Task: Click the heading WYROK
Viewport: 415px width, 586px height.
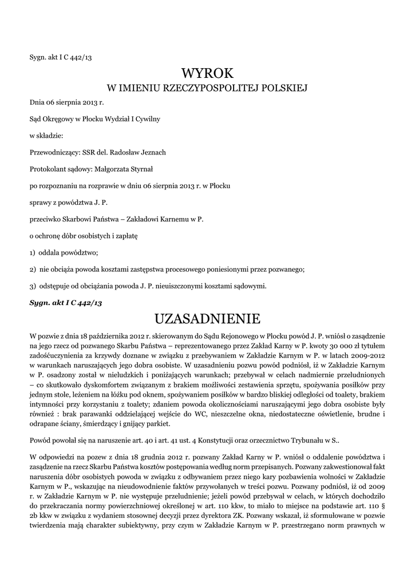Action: [x=207, y=73]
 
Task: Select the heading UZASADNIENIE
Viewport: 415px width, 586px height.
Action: [x=207, y=318]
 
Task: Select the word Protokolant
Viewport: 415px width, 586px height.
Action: [x=46, y=169]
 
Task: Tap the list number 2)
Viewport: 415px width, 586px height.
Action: [x=33, y=269]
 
